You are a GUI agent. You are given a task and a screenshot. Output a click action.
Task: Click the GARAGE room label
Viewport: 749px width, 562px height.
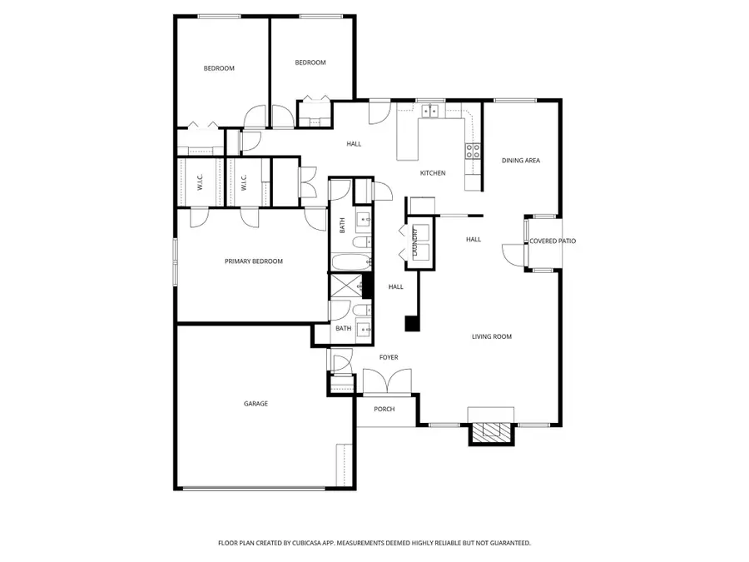[255, 404]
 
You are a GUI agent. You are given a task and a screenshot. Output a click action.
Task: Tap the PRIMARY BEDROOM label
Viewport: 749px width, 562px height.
[254, 261]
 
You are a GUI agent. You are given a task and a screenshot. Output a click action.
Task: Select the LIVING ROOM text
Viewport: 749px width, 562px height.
[492, 337]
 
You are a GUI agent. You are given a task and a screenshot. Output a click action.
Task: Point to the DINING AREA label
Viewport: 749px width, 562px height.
[521, 161]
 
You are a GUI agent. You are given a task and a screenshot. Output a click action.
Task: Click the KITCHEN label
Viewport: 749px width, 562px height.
[433, 173]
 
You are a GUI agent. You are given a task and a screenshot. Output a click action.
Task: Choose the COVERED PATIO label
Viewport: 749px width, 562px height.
[553, 241]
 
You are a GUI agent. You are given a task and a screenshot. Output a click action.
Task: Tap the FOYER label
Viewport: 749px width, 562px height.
[389, 358]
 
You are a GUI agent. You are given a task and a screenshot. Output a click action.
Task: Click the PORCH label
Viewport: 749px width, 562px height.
[384, 410]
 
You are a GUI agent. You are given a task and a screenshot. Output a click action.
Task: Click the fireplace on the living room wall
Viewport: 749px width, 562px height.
[491, 432]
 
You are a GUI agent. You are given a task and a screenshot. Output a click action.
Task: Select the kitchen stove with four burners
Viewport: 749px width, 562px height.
[472, 151]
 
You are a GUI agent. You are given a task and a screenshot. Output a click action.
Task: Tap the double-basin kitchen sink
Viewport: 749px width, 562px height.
[432, 110]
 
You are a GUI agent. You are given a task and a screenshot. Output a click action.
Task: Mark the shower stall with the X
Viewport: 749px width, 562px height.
[345, 286]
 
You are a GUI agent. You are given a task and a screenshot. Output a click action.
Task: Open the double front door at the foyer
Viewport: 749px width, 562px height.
[388, 383]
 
